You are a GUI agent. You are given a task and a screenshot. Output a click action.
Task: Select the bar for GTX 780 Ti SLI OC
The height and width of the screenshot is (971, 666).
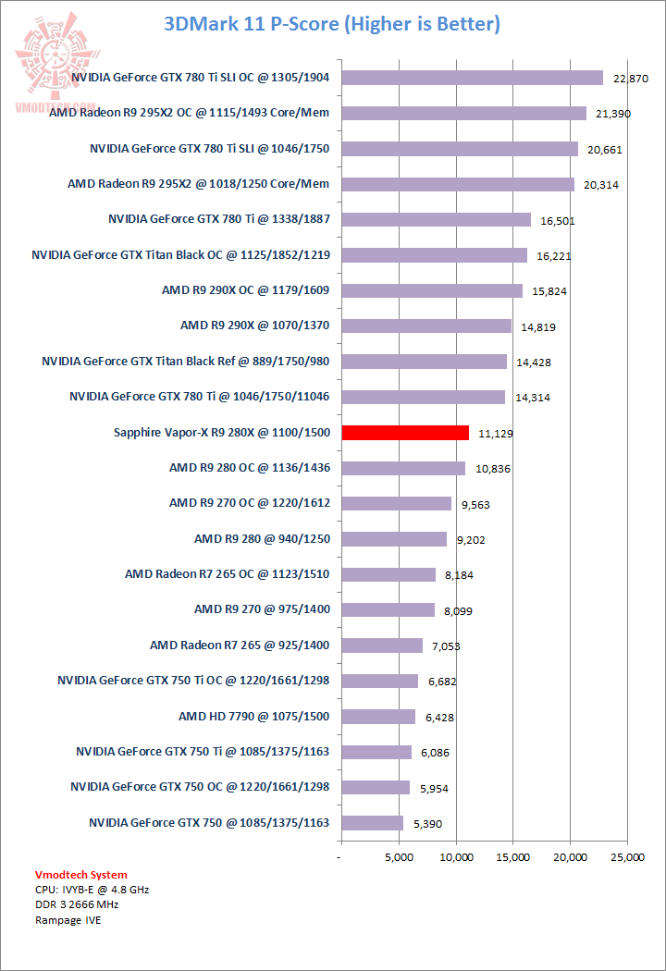[472, 78]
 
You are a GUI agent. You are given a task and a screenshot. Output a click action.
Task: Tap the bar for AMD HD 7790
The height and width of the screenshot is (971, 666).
[378, 717]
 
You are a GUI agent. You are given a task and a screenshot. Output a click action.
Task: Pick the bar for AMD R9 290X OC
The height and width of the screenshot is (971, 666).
[432, 290]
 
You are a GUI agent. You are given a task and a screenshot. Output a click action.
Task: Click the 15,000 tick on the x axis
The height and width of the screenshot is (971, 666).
[513, 857]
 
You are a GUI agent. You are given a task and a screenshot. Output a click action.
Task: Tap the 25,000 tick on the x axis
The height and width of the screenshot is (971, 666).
[627, 857]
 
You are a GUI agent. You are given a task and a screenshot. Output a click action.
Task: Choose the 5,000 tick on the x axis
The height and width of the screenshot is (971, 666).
[399, 857]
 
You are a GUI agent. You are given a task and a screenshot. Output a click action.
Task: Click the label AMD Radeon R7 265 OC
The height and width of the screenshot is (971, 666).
[228, 574]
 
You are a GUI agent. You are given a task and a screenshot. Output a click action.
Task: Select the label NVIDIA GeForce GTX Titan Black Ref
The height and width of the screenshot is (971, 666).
[186, 362]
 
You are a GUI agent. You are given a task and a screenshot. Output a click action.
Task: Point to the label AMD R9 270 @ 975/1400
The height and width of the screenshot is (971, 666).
[262, 609]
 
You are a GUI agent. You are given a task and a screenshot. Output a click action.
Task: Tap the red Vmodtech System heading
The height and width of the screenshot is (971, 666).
[81, 875]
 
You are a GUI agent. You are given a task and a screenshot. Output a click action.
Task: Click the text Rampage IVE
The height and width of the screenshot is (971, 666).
[68, 920]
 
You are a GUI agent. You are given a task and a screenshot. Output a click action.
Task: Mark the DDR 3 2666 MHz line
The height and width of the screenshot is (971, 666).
[77, 904]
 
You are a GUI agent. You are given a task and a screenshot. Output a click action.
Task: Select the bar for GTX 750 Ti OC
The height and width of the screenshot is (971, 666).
[379, 681]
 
